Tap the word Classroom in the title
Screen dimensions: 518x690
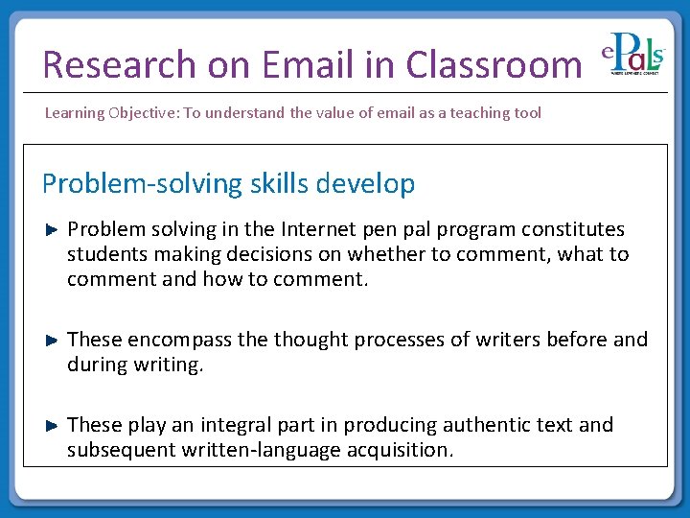493,64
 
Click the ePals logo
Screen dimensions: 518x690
633,59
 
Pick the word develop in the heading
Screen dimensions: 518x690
368,183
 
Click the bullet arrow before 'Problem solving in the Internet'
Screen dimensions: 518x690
54,229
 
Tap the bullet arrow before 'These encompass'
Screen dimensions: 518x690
54,340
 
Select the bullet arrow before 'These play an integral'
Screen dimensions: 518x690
54,424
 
